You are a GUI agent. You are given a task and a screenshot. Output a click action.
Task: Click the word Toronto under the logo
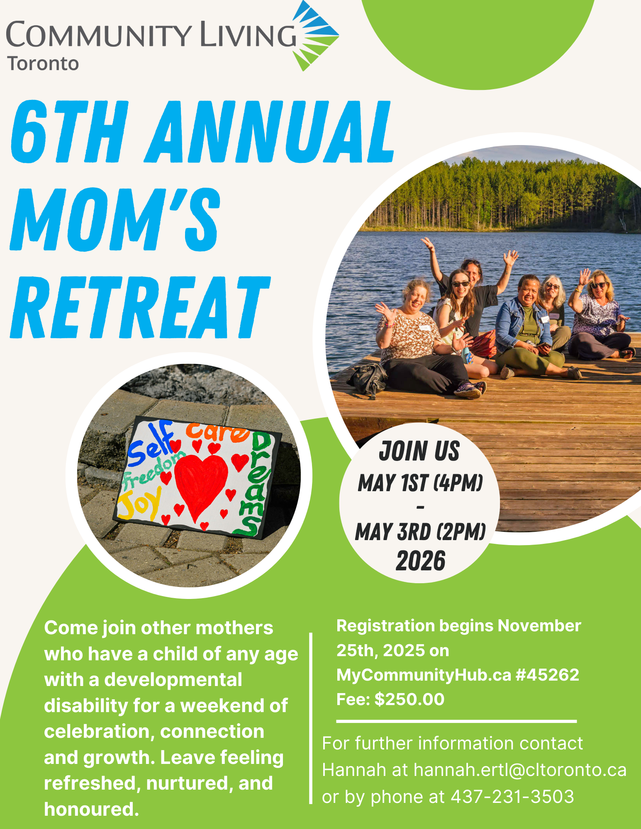(43, 64)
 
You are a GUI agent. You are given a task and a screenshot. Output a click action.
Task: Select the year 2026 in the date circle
(420, 561)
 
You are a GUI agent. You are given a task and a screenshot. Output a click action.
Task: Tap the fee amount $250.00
(409, 699)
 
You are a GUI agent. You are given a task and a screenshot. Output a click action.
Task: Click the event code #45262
(547, 675)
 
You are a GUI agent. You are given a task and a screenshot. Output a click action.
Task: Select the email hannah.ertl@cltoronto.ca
(520, 770)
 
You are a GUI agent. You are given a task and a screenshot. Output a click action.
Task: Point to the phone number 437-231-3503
(512, 797)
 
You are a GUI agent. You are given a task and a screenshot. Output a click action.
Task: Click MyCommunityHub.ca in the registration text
(424, 675)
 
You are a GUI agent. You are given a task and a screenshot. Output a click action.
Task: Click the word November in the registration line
(539, 626)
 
